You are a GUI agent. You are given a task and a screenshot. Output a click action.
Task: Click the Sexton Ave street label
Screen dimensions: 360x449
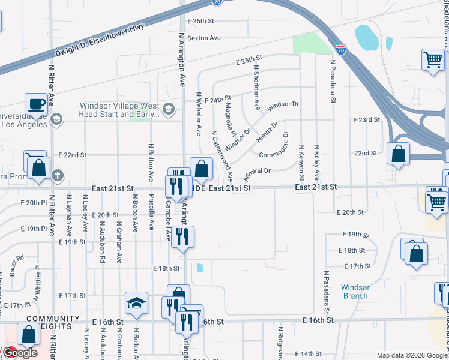point(204,38)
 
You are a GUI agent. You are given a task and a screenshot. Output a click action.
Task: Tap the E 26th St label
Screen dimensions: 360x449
point(200,20)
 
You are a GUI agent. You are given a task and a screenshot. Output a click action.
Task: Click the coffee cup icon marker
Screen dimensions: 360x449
point(36,103)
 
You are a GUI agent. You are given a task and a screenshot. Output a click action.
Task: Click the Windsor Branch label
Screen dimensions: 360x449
point(355,292)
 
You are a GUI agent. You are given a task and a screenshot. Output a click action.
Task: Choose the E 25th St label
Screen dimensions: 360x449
point(250,61)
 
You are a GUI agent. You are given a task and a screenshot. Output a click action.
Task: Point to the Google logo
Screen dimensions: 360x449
point(19,353)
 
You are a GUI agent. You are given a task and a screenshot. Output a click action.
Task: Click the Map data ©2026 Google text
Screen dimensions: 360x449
point(411,355)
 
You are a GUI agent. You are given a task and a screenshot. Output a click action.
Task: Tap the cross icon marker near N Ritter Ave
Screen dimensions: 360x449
point(57,176)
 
